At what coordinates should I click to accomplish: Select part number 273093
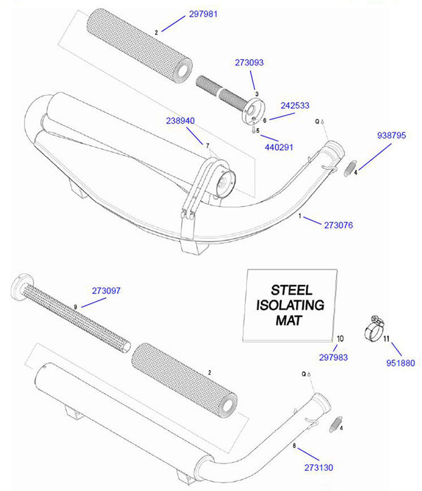(x=249, y=63)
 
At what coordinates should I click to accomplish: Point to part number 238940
(x=180, y=121)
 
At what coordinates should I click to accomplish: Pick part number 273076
(x=338, y=225)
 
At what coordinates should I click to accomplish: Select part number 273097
(x=106, y=290)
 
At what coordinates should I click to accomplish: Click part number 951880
(x=402, y=362)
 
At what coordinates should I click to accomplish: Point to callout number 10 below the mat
(x=340, y=339)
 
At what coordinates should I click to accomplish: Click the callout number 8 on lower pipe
(x=295, y=446)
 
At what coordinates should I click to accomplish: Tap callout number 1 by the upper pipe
(x=300, y=217)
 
